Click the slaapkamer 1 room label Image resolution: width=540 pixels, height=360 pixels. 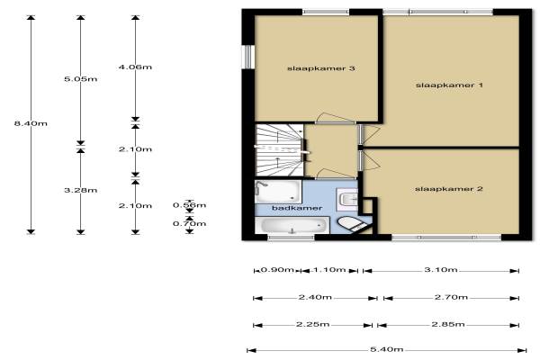(449, 85)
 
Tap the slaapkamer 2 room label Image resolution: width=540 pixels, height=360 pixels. (449, 189)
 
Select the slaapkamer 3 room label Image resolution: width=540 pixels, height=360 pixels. (321, 68)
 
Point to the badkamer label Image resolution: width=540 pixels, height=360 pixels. (297, 208)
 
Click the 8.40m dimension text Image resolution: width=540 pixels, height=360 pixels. (31, 123)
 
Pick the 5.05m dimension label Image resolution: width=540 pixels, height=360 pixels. (81, 79)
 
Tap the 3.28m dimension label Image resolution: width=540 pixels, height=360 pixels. (81, 190)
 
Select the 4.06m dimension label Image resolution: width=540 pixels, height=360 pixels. (135, 67)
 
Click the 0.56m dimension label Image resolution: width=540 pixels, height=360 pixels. (189, 205)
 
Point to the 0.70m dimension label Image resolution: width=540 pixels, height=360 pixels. (189, 223)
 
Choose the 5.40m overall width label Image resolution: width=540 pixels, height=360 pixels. (386, 349)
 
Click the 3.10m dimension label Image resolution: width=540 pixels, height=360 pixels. (441, 269)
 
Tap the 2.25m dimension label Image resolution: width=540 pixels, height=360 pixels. (312, 324)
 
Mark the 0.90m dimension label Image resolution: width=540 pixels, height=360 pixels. (277, 269)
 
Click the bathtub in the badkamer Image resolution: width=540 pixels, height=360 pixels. (292, 225)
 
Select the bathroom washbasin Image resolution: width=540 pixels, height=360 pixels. (347, 200)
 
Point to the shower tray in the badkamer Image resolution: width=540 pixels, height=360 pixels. (278, 192)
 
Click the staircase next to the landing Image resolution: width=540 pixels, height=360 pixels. (279, 150)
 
